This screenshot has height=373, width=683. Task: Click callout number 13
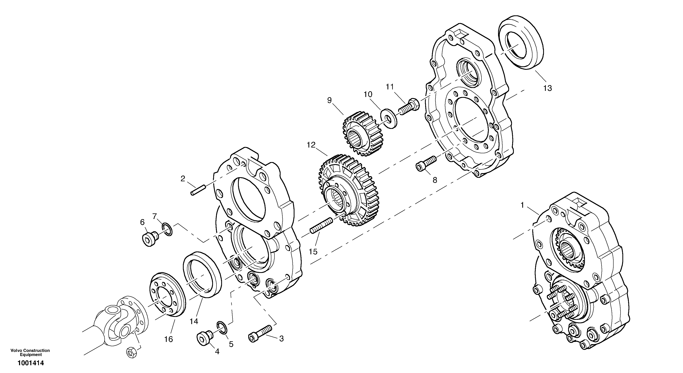[x=547, y=88]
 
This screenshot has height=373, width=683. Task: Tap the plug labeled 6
[x=149, y=239]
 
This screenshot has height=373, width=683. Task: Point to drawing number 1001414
[x=31, y=363]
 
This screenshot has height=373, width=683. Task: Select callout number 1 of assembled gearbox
[x=522, y=205]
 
